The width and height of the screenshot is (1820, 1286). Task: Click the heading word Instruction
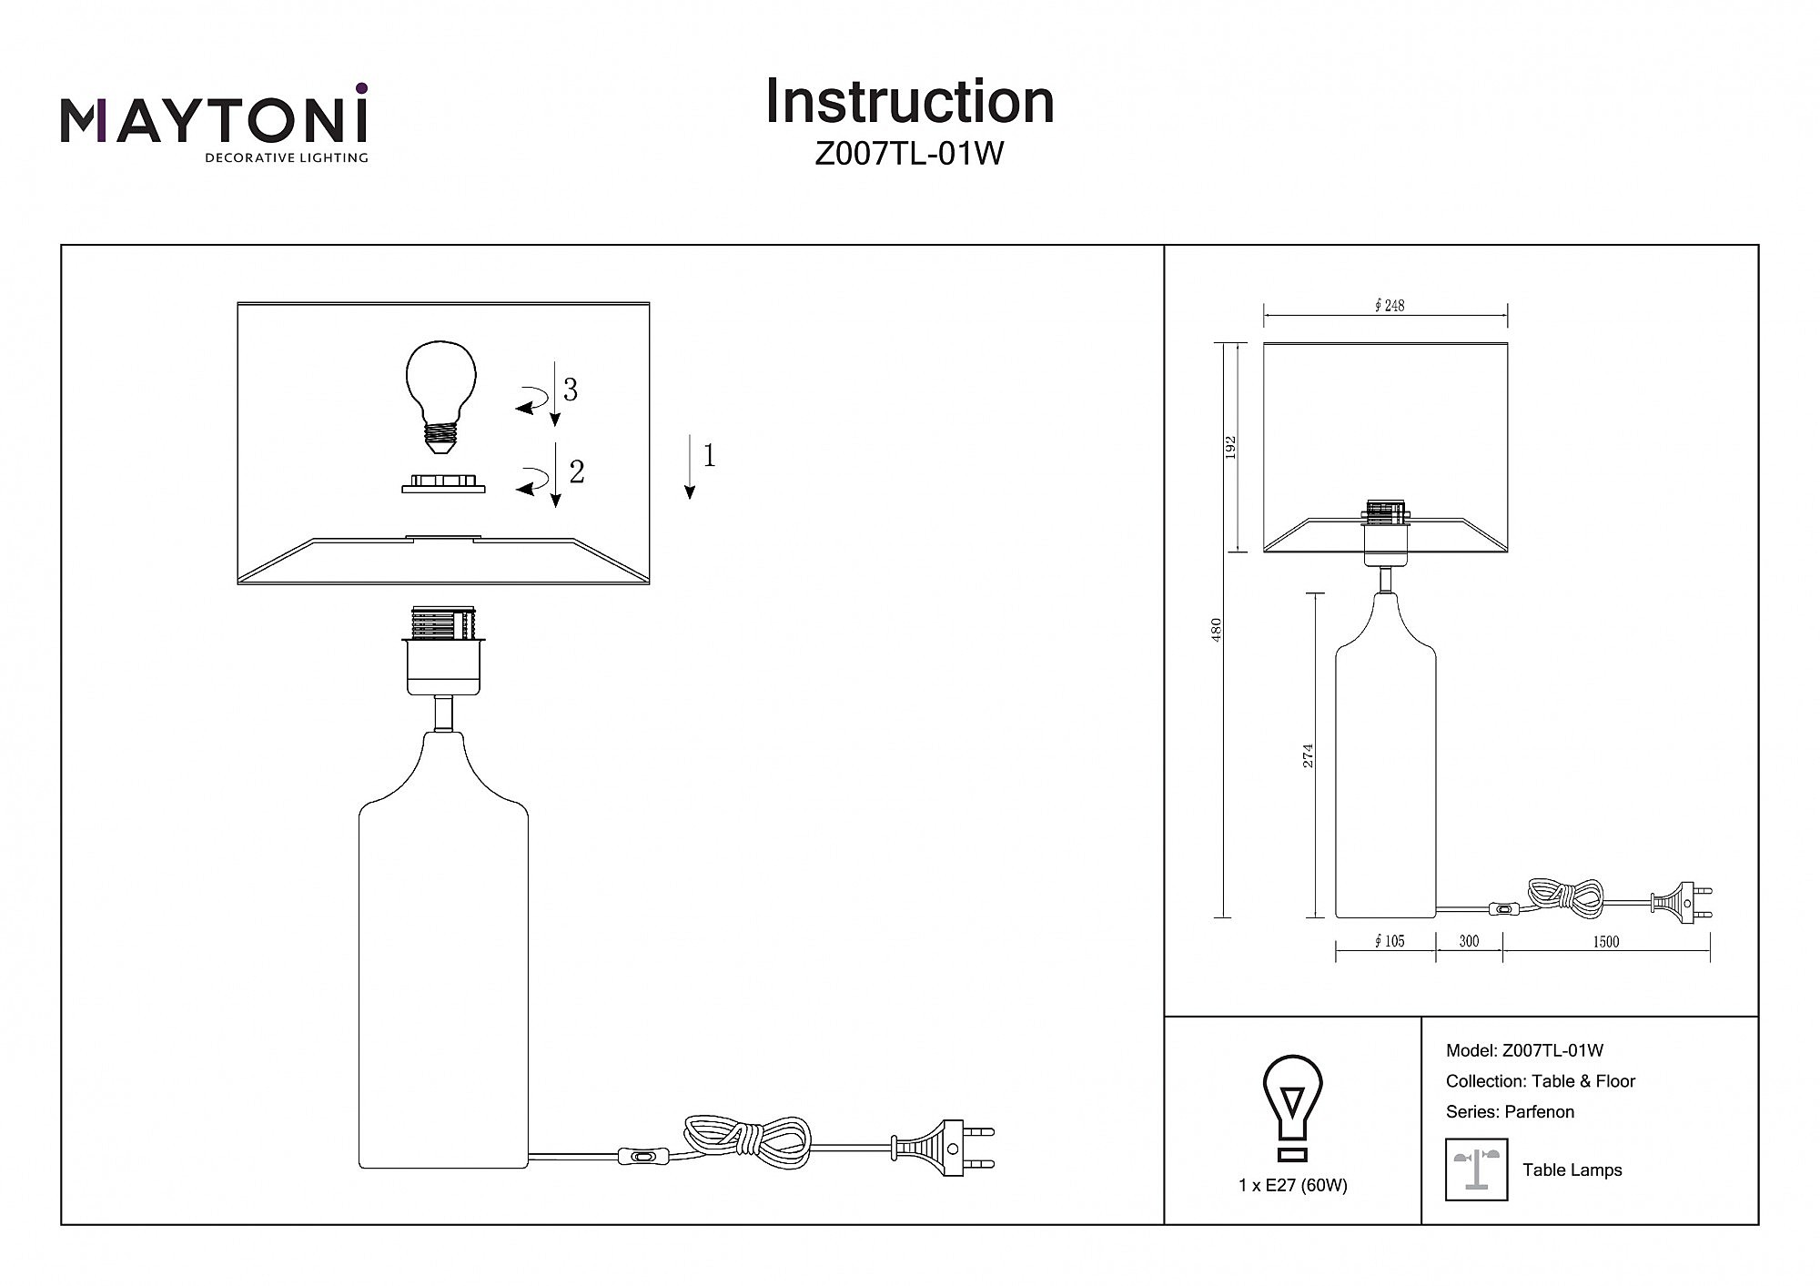coord(909,101)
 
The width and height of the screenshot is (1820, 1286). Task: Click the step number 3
coord(571,390)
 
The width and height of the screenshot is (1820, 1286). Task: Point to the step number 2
coord(576,471)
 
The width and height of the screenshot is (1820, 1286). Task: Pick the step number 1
coord(709,455)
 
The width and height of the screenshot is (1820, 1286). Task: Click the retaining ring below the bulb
coord(443,483)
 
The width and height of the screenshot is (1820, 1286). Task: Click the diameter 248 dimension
coord(1389,306)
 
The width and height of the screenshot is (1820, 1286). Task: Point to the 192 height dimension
coord(1230,447)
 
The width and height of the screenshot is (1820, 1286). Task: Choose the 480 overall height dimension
coord(1217,631)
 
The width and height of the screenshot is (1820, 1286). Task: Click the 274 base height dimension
coord(1309,755)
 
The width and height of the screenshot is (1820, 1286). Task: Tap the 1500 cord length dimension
coord(1606,942)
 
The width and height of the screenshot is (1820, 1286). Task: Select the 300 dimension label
coord(1469,942)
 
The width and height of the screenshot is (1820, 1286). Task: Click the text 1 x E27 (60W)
coord(1292,1185)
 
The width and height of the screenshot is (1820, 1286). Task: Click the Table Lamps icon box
coord(1476,1170)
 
